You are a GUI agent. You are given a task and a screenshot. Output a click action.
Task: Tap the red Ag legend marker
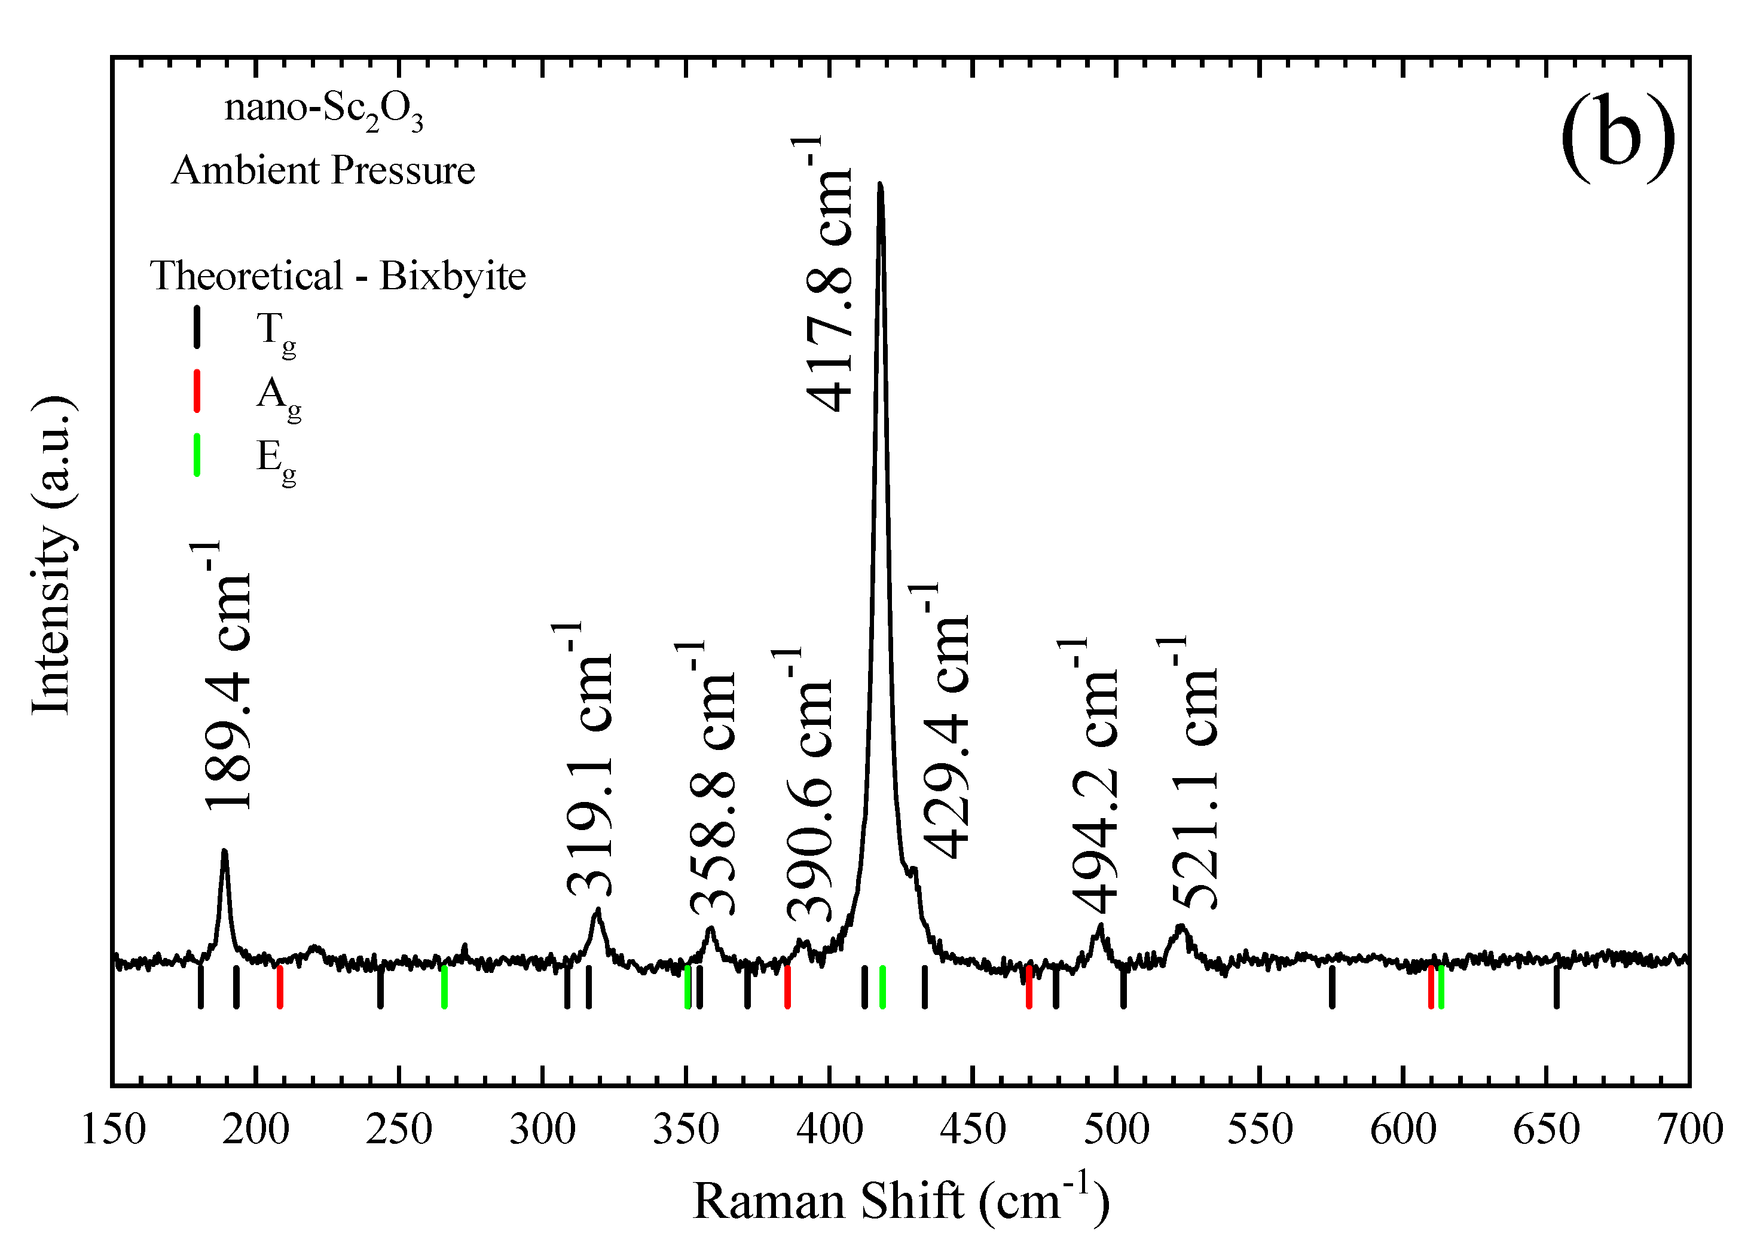pyautogui.click(x=197, y=391)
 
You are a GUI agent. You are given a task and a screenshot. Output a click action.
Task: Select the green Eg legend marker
pyautogui.click(x=197, y=455)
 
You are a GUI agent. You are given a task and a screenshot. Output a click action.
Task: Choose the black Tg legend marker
pyautogui.click(x=197, y=327)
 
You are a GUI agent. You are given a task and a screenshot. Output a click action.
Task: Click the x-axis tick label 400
pyautogui.click(x=829, y=1129)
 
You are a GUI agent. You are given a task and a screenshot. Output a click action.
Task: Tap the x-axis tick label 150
pyautogui.click(x=113, y=1129)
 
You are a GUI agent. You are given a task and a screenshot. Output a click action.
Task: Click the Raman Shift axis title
pyautogui.click(x=901, y=1201)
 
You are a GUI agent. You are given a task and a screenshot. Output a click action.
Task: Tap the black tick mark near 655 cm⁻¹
pyautogui.click(x=1556, y=987)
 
